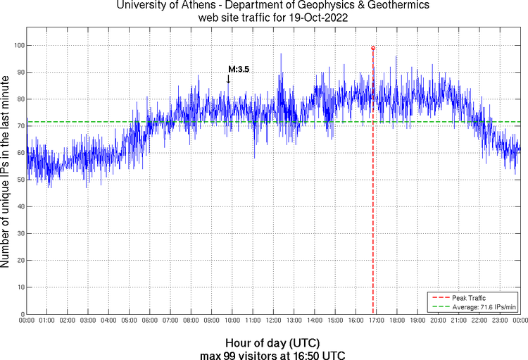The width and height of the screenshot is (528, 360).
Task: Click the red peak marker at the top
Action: pyautogui.click(x=373, y=48)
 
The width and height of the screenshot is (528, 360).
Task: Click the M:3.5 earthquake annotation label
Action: pyautogui.click(x=239, y=69)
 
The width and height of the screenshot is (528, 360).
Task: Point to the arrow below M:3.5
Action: pyautogui.click(x=228, y=80)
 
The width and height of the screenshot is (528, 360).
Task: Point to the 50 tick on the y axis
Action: pyautogui.click(x=20, y=180)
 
